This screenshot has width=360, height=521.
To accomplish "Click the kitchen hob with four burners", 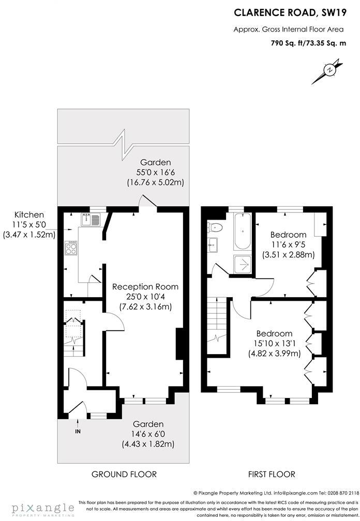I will [x=71, y=249].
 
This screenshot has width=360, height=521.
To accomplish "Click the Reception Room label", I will [x=145, y=287].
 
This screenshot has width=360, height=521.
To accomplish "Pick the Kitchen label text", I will [x=29, y=214].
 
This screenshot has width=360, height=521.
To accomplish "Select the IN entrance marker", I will [x=78, y=431].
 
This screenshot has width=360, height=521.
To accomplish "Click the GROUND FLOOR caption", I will [x=124, y=474].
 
